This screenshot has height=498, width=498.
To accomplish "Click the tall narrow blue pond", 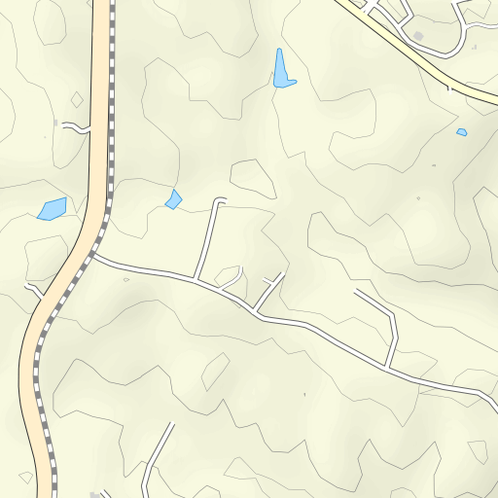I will (282, 71).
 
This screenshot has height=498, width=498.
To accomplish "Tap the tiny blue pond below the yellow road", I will (461, 131).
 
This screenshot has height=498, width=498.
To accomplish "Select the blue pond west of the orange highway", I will (52, 208).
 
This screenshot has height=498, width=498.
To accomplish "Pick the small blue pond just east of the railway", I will (173, 199).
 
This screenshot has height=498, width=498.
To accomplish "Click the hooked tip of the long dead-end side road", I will (220, 201).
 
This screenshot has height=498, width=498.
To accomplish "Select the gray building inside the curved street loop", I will (418, 36).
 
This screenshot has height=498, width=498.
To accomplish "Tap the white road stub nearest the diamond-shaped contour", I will (74, 126).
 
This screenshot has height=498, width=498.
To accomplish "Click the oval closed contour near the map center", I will (252, 178).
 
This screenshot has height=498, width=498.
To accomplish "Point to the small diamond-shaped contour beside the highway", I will (77, 99).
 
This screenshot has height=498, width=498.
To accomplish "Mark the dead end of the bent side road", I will (356, 291).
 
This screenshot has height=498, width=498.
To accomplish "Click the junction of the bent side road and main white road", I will (386, 368).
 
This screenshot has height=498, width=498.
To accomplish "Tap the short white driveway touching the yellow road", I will (449, 87).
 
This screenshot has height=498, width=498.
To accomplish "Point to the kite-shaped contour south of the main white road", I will (215, 370).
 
